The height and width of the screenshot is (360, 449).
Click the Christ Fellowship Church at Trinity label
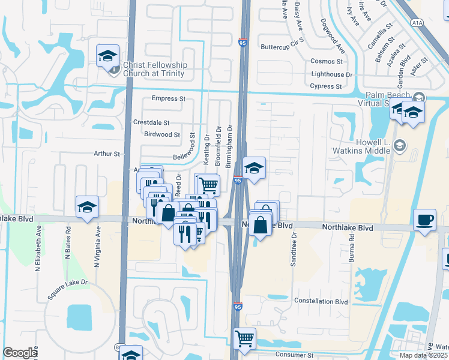[155, 70]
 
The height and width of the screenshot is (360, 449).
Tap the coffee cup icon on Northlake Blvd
[426, 220]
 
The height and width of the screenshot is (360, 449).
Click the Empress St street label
[169, 98]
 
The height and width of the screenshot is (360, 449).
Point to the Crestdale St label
[151, 122]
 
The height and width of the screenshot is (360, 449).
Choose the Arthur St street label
[107, 154]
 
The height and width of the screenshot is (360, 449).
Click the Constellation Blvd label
[321, 301]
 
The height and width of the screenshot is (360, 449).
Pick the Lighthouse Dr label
[332, 74]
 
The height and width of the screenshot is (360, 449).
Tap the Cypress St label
[326, 86]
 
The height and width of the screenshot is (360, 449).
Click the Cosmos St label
[327, 61]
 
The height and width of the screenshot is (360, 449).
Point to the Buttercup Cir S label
[283, 46]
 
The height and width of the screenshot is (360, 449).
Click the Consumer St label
[294, 355]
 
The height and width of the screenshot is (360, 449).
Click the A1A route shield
[417, 23]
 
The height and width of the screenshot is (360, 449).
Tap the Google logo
[20, 353]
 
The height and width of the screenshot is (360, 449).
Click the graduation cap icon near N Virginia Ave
[87, 208]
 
